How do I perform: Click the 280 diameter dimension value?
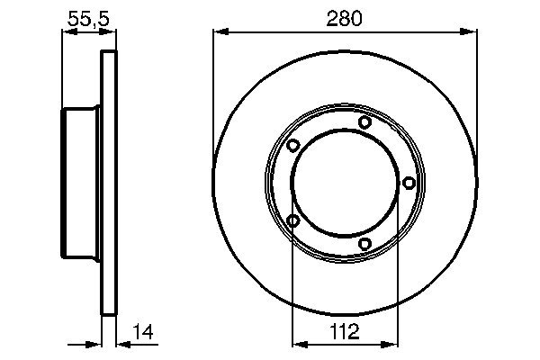pos(344,18)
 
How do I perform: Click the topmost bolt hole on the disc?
pos(364,122)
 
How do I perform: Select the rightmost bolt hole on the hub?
pos(409,184)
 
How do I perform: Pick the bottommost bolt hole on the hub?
pos(364,244)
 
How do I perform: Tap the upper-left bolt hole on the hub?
pos(293,146)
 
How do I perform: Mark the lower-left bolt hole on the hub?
pos(293,220)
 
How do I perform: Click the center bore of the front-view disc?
pos(345,184)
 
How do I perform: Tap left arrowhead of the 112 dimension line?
pos(299,343)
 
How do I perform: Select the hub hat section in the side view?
pos(81,184)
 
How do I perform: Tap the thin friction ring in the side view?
pos(109,184)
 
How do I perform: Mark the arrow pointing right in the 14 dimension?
pos(94,343)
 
